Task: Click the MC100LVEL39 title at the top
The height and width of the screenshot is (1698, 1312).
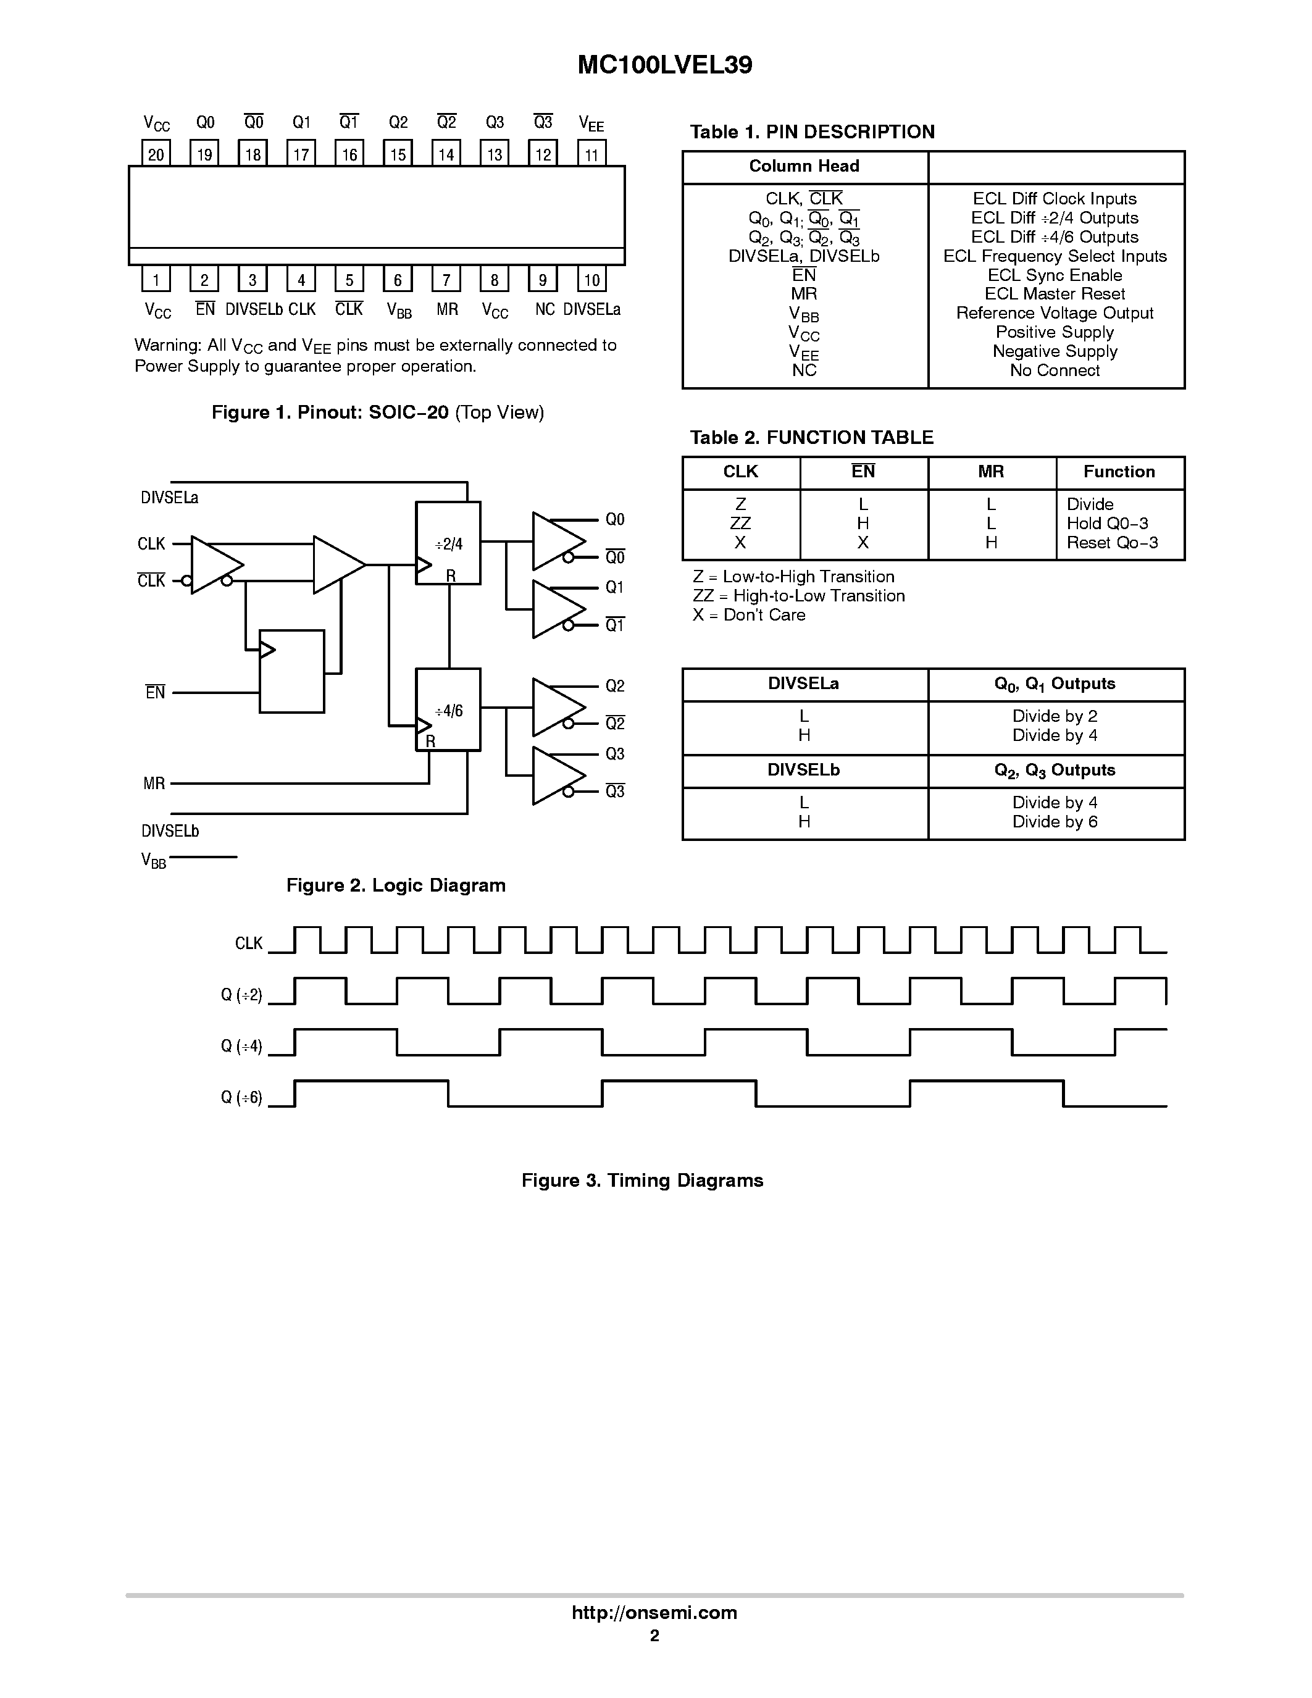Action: (664, 65)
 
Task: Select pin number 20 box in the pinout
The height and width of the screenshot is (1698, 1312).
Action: (156, 154)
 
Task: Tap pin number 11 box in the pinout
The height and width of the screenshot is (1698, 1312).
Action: (591, 154)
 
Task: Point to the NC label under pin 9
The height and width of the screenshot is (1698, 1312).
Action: (544, 309)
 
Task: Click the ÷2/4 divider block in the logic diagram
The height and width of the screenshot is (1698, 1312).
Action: (448, 543)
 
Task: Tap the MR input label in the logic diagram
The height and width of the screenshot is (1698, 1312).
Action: (154, 784)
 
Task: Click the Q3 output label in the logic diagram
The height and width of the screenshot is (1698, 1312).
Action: (615, 754)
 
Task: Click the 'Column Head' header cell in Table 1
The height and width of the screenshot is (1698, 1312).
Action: (804, 166)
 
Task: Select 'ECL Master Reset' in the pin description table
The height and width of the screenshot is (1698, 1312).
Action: (1055, 294)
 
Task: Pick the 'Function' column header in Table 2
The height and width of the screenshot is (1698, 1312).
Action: (1119, 472)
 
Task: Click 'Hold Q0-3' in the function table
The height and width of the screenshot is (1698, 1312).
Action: (1107, 523)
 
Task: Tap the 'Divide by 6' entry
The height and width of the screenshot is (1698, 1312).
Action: (1055, 822)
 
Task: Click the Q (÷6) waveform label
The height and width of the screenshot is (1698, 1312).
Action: (242, 1098)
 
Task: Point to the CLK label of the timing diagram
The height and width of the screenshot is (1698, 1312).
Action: (249, 943)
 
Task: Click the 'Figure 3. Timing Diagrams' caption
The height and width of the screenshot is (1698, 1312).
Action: (642, 1180)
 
